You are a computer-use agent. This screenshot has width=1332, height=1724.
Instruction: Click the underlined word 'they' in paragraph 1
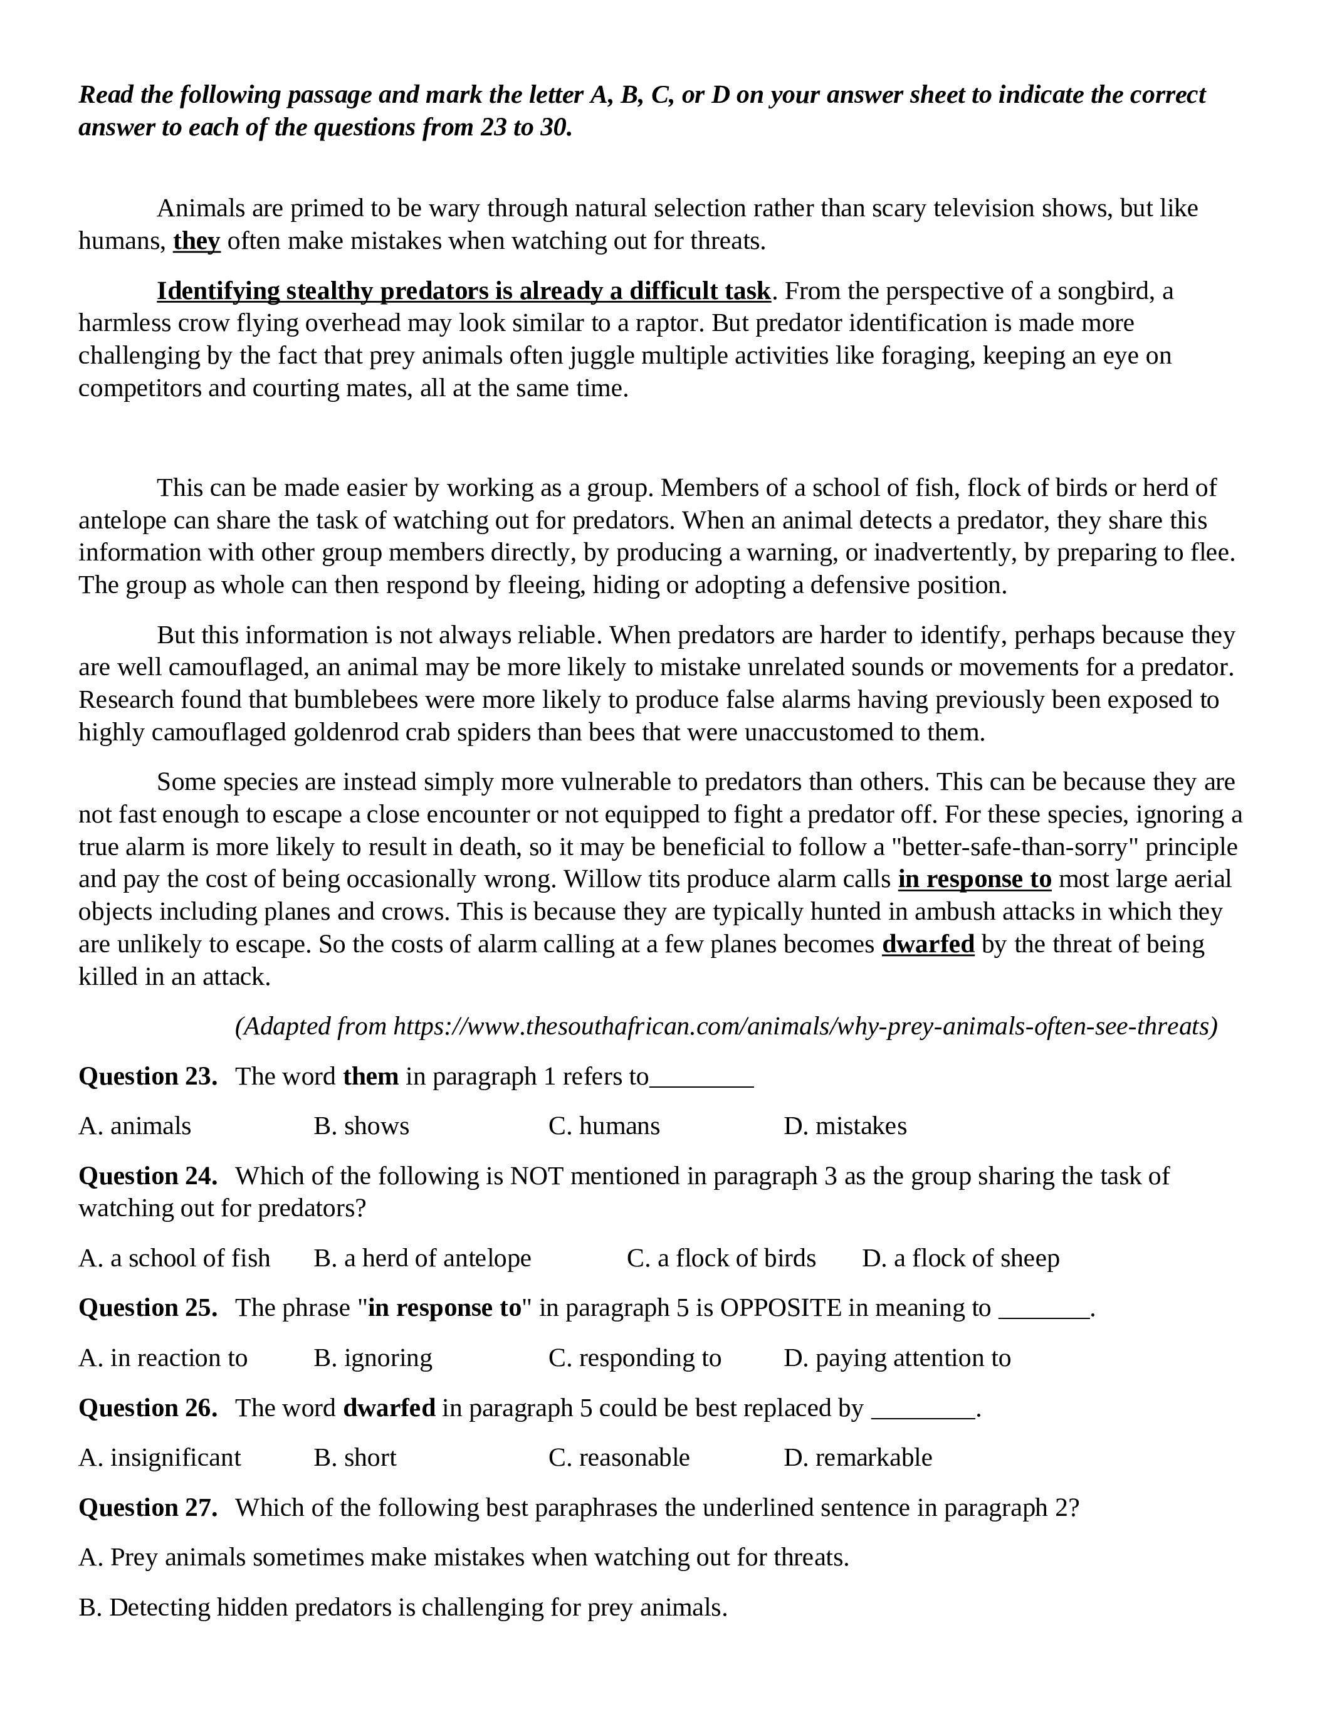(196, 241)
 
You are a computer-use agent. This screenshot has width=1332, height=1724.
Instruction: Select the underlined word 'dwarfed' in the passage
(928, 944)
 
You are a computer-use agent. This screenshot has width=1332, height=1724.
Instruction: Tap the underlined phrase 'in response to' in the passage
(975, 880)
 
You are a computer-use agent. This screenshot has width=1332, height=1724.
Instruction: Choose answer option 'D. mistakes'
(845, 1126)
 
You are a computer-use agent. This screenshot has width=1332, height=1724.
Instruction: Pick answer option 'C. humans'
(604, 1126)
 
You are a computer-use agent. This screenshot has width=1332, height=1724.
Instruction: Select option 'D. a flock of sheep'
(960, 1258)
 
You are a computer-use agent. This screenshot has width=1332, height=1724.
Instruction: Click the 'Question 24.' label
(147, 1176)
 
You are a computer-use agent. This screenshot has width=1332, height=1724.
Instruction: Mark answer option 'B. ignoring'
(372, 1358)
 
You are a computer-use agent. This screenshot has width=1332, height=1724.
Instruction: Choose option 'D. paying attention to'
(897, 1358)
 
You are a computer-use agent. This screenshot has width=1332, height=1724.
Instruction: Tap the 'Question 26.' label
(147, 1407)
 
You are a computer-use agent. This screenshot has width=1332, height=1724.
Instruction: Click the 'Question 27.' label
(147, 1508)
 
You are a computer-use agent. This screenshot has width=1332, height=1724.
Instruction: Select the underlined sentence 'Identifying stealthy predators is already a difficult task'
(463, 292)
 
